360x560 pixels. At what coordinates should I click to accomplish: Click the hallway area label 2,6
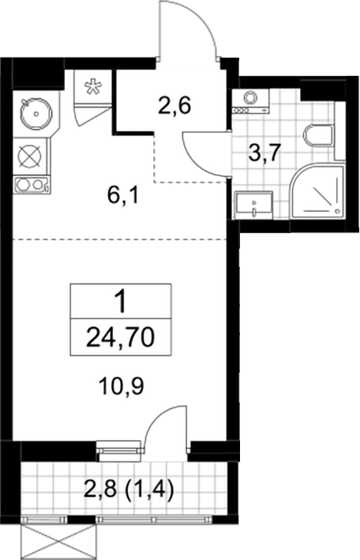click(x=174, y=106)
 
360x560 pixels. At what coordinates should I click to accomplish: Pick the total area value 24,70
click(x=120, y=338)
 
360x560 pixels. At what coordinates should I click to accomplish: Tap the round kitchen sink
click(x=36, y=114)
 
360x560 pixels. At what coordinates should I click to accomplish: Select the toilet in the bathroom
click(x=320, y=137)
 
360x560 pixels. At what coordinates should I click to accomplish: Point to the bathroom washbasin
click(x=254, y=205)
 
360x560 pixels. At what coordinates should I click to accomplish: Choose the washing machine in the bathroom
click(x=250, y=102)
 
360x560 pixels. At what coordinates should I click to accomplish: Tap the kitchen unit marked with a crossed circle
click(x=30, y=157)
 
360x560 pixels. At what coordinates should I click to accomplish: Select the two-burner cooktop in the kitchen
click(x=30, y=185)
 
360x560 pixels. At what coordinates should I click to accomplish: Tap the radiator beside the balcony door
click(x=119, y=447)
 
